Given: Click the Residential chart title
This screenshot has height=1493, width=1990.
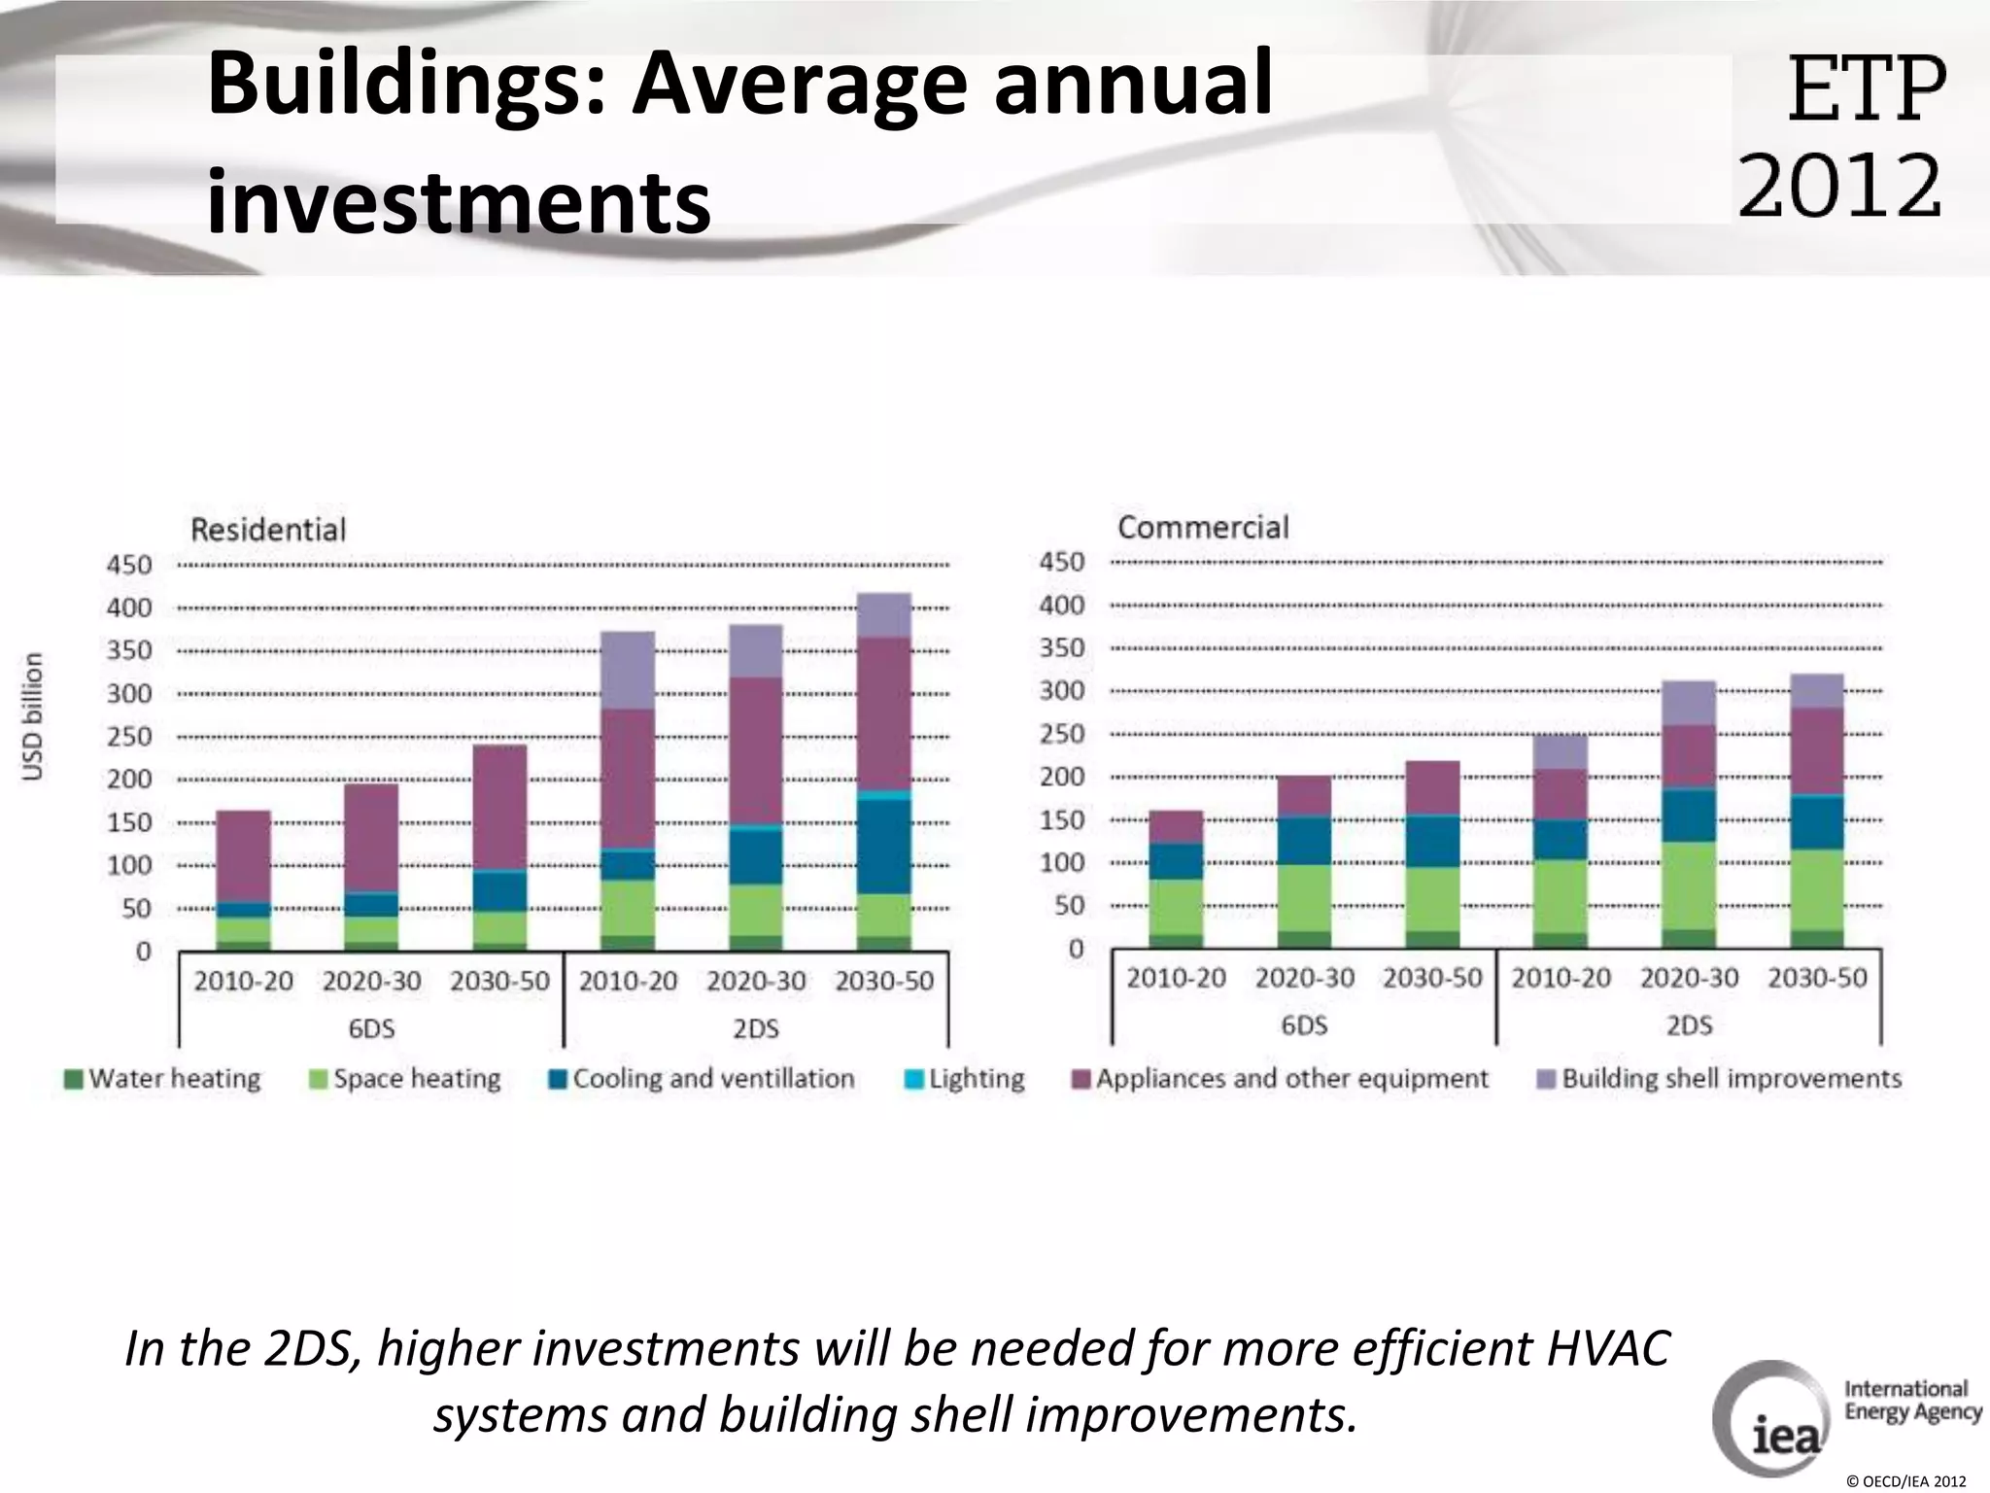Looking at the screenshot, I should click(x=268, y=530).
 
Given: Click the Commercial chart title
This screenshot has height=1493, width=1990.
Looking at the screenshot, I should click(x=1203, y=527).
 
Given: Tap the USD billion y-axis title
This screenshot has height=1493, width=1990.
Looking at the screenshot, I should click(x=34, y=715).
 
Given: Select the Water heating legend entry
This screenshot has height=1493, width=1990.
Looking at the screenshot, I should click(x=163, y=1079).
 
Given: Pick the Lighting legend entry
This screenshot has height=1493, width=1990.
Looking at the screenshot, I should click(x=965, y=1079).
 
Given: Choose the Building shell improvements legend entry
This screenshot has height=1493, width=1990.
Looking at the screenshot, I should click(x=1719, y=1079).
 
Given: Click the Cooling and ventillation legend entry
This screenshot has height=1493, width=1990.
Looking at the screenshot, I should click(x=702, y=1079).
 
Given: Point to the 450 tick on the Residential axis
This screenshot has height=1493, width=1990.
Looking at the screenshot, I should click(x=129, y=565).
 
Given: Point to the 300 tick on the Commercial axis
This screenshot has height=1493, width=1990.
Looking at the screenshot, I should click(x=1061, y=691).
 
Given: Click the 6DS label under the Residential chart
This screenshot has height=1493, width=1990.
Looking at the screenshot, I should click(x=371, y=1028).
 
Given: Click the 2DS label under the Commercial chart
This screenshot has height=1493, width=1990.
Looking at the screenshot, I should click(x=1689, y=1025).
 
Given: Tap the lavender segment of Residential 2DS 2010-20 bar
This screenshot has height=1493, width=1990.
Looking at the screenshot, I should click(x=628, y=670).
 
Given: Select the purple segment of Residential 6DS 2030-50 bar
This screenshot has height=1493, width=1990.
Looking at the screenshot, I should click(x=500, y=807).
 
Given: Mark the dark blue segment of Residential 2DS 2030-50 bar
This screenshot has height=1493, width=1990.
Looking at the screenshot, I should click(x=884, y=846).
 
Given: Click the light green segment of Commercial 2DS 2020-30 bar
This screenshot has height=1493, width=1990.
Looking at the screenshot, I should click(x=1689, y=885).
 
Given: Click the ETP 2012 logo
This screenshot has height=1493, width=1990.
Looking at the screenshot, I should click(x=1841, y=136).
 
